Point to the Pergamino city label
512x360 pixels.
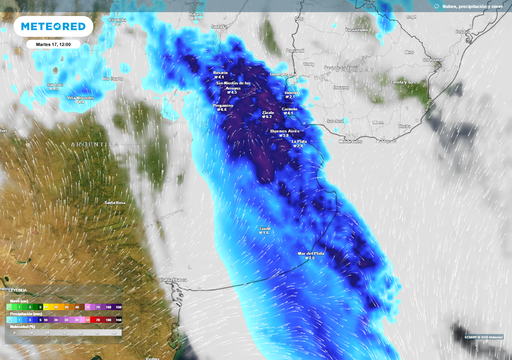click(225, 105)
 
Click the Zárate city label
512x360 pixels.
click(268, 112)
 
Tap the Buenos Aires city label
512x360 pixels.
click(284, 131)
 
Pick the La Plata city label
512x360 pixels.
click(298, 142)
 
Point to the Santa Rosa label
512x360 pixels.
click(116, 203)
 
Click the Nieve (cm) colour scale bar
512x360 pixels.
click(61, 319)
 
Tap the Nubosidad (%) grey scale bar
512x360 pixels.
click(61, 332)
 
